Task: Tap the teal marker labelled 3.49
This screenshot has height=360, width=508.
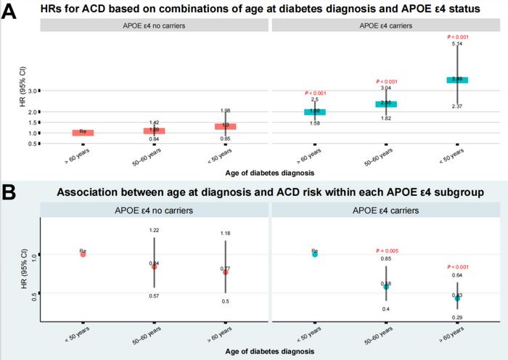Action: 457,79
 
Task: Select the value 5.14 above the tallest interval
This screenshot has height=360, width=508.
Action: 457,44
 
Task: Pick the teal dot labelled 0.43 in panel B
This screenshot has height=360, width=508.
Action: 457,298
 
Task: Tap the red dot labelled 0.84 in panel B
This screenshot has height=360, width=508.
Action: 154,266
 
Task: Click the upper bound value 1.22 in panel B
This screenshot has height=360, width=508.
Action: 154,230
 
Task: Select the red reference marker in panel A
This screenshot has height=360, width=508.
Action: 83,133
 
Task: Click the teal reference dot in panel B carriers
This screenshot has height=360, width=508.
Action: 315,254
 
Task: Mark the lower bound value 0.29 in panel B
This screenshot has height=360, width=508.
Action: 457,318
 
